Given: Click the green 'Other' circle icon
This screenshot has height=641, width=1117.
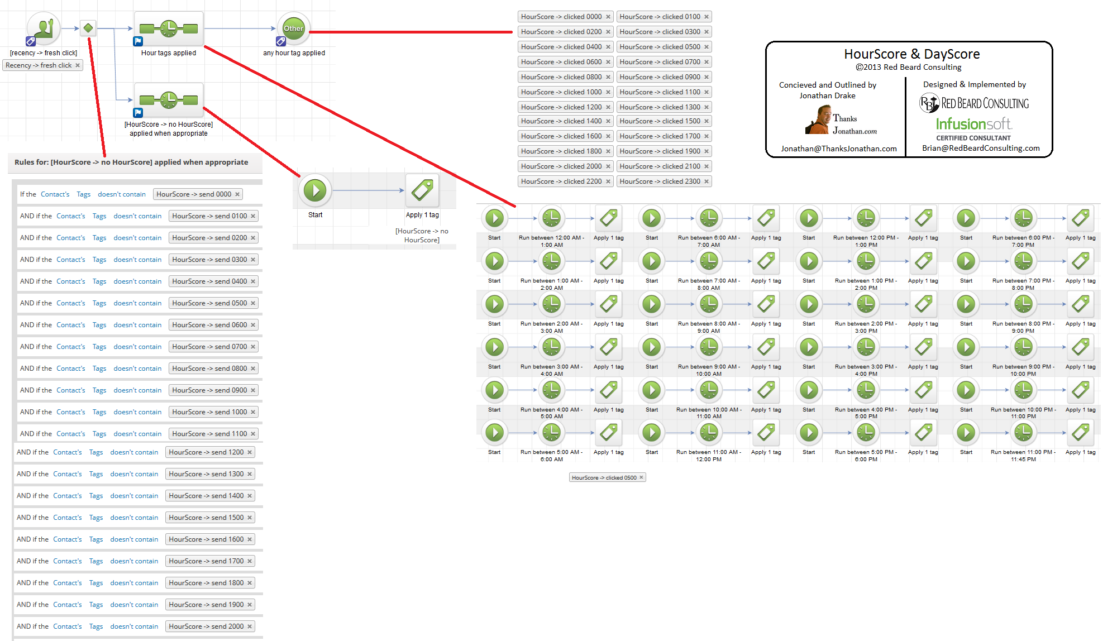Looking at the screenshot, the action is [x=293, y=28].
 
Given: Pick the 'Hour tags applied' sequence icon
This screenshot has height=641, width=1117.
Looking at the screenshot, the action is [x=169, y=28].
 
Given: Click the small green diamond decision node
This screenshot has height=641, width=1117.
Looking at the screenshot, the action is [x=88, y=28].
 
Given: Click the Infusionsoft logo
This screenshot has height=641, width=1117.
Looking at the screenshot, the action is [x=973, y=124].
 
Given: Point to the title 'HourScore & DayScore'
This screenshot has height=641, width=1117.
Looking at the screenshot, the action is [x=911, y=54].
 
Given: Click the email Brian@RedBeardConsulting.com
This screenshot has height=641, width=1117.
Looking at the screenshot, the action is [x=981, y=148].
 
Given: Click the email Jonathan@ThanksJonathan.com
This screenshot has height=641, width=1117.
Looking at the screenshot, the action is [x=838, y=149].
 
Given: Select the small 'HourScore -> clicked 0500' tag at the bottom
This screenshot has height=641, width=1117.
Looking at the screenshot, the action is [x=607, y=477].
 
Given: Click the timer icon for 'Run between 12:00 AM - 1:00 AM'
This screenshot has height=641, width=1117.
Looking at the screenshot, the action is [x=551, y=218].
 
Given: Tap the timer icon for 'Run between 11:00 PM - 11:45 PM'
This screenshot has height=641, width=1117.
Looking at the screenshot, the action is [x=1023, y=432].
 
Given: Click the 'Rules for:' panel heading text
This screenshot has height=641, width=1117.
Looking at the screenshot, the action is [x=131, y=162].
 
